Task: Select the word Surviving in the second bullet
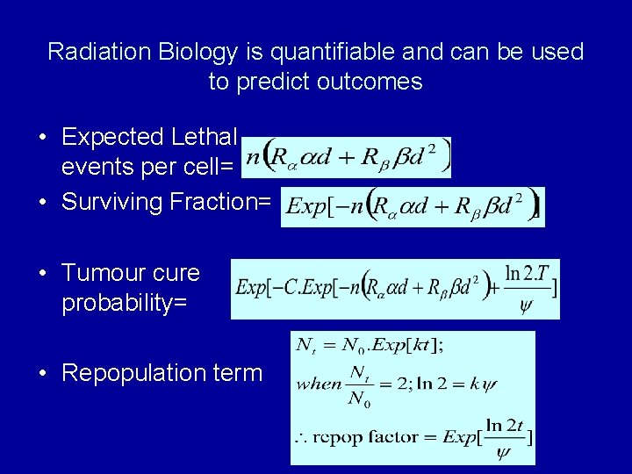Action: coord(112,202)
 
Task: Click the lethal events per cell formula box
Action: coord(348,158)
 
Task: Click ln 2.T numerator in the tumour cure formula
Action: coord(528,274)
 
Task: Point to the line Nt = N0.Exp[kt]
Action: coord(370,345)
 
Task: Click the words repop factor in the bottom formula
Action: coord(369,436)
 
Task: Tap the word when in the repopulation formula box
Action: coord(319,384)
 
